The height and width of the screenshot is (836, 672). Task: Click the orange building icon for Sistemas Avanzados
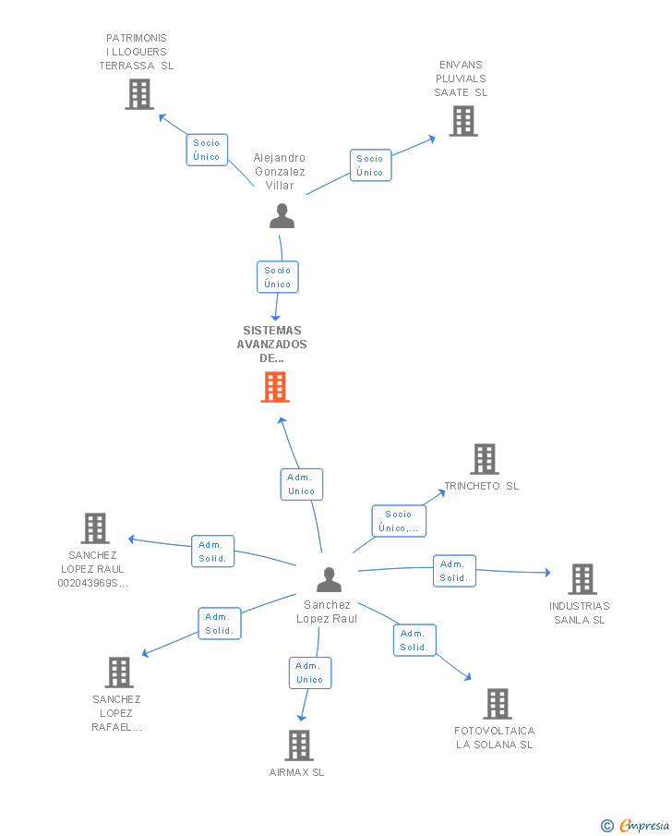pos(275,387)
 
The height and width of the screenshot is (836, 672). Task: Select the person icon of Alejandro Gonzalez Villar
pos(282,216)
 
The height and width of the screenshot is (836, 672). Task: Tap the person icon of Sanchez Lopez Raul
pos(329,579)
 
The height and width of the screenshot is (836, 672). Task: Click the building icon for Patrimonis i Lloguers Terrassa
pos(139,94)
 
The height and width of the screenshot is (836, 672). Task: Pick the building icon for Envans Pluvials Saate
pos(463,121)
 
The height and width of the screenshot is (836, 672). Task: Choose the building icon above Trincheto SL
pos(485,459)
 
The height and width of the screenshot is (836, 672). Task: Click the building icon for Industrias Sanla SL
pos(582,579)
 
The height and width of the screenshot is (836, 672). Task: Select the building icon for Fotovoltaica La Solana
pos(497,704)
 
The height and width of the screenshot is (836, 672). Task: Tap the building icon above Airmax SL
pos(299,745)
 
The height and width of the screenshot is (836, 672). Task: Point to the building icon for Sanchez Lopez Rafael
pos(119,672)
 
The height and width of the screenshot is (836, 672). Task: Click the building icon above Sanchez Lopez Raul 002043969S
pos(95,528)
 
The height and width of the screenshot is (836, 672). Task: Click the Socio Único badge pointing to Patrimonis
pos(207,150)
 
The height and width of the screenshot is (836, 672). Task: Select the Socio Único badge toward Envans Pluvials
pos(370,165)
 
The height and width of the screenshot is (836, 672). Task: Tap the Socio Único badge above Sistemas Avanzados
pos(278,277)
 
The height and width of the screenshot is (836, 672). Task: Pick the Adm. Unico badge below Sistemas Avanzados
pos(302,484)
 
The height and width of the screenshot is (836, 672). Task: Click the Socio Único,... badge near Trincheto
pos(399,521)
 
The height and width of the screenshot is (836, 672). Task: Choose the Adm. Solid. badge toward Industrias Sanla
pos(454,571)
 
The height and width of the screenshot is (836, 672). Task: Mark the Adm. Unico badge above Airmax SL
pos(309,672)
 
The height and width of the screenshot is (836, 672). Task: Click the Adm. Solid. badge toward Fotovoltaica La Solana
pos(414,640)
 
